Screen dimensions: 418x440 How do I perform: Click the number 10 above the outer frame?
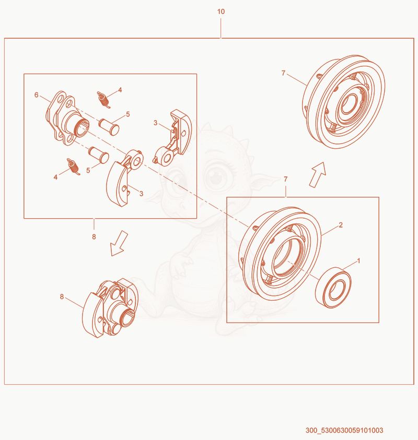(221, 11)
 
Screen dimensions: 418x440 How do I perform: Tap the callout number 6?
(36, 95)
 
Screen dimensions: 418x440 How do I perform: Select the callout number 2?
(341, 225)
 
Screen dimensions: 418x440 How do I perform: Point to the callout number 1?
(358, 260)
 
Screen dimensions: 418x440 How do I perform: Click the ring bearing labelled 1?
(333, 288)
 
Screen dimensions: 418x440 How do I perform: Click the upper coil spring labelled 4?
(103, 99)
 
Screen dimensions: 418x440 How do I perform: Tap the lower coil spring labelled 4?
(73, 167)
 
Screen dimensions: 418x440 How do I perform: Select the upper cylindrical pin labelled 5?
(109, 127)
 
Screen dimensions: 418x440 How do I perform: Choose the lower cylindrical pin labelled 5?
(99, 154)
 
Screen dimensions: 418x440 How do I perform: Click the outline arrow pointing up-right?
(318, 174)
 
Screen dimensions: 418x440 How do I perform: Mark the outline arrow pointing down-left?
(119, 243)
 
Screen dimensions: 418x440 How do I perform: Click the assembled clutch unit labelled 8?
(110, 308)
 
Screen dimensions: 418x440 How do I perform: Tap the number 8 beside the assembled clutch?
(62, 296)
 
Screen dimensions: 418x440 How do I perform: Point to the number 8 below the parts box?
(94, 237)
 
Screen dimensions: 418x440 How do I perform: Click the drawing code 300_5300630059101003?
(344, 430)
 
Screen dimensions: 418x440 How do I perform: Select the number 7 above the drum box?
(286, 179)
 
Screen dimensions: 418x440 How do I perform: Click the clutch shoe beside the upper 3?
(173, 137)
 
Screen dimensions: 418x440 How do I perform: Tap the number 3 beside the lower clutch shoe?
(141, 193)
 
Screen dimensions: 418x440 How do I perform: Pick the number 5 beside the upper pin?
(128, 114)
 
